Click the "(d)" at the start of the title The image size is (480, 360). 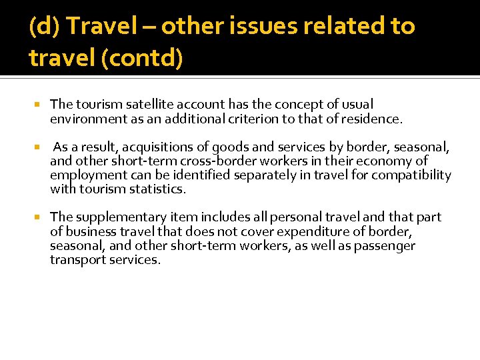(45, 27)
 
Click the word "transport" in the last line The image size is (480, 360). (78, 259)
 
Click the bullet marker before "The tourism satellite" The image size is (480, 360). (38, 105)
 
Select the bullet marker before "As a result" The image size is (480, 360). (38, 147)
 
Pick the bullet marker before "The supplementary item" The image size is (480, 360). (38, 218)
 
